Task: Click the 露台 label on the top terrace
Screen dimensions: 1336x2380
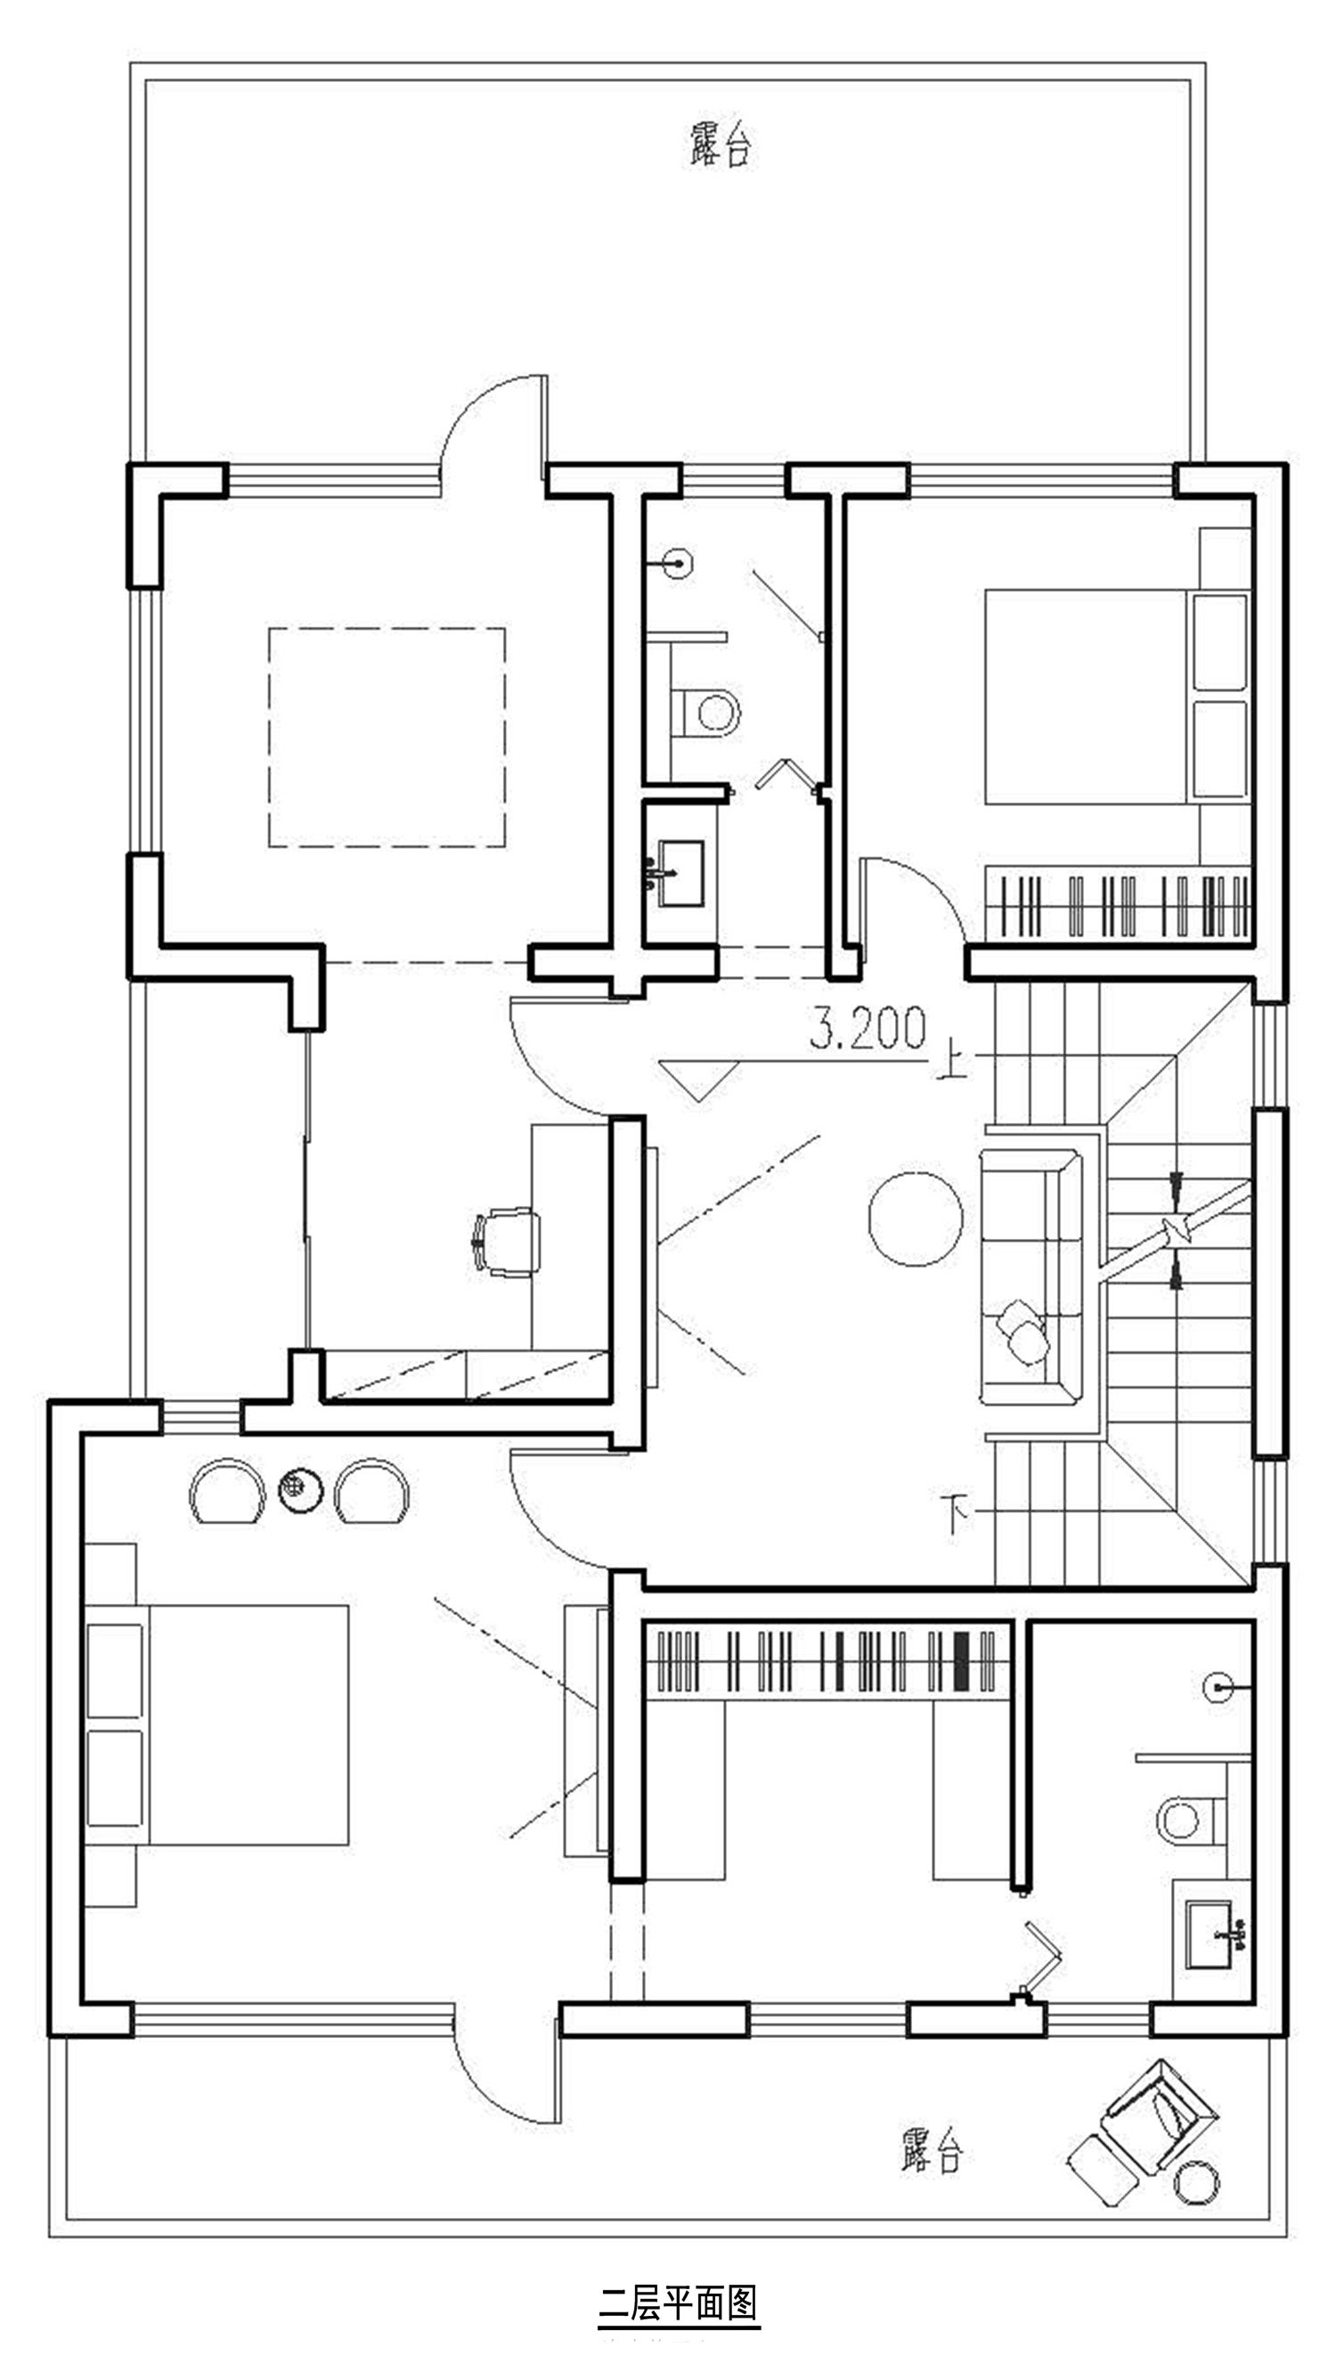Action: click(721, 144)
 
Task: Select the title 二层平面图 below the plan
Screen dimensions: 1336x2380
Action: click(678, 2304)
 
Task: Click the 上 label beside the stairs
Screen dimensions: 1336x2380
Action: click(950, 1060)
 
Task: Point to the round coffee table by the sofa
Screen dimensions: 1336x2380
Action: click(915, 1218)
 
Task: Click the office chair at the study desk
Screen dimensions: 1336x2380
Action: click(505, 1243)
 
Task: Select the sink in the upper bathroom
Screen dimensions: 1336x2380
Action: click(680, 872)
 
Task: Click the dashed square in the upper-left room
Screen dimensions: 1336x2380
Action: click(387, 738)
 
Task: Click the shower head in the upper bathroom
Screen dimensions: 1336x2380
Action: click(680, 563)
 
